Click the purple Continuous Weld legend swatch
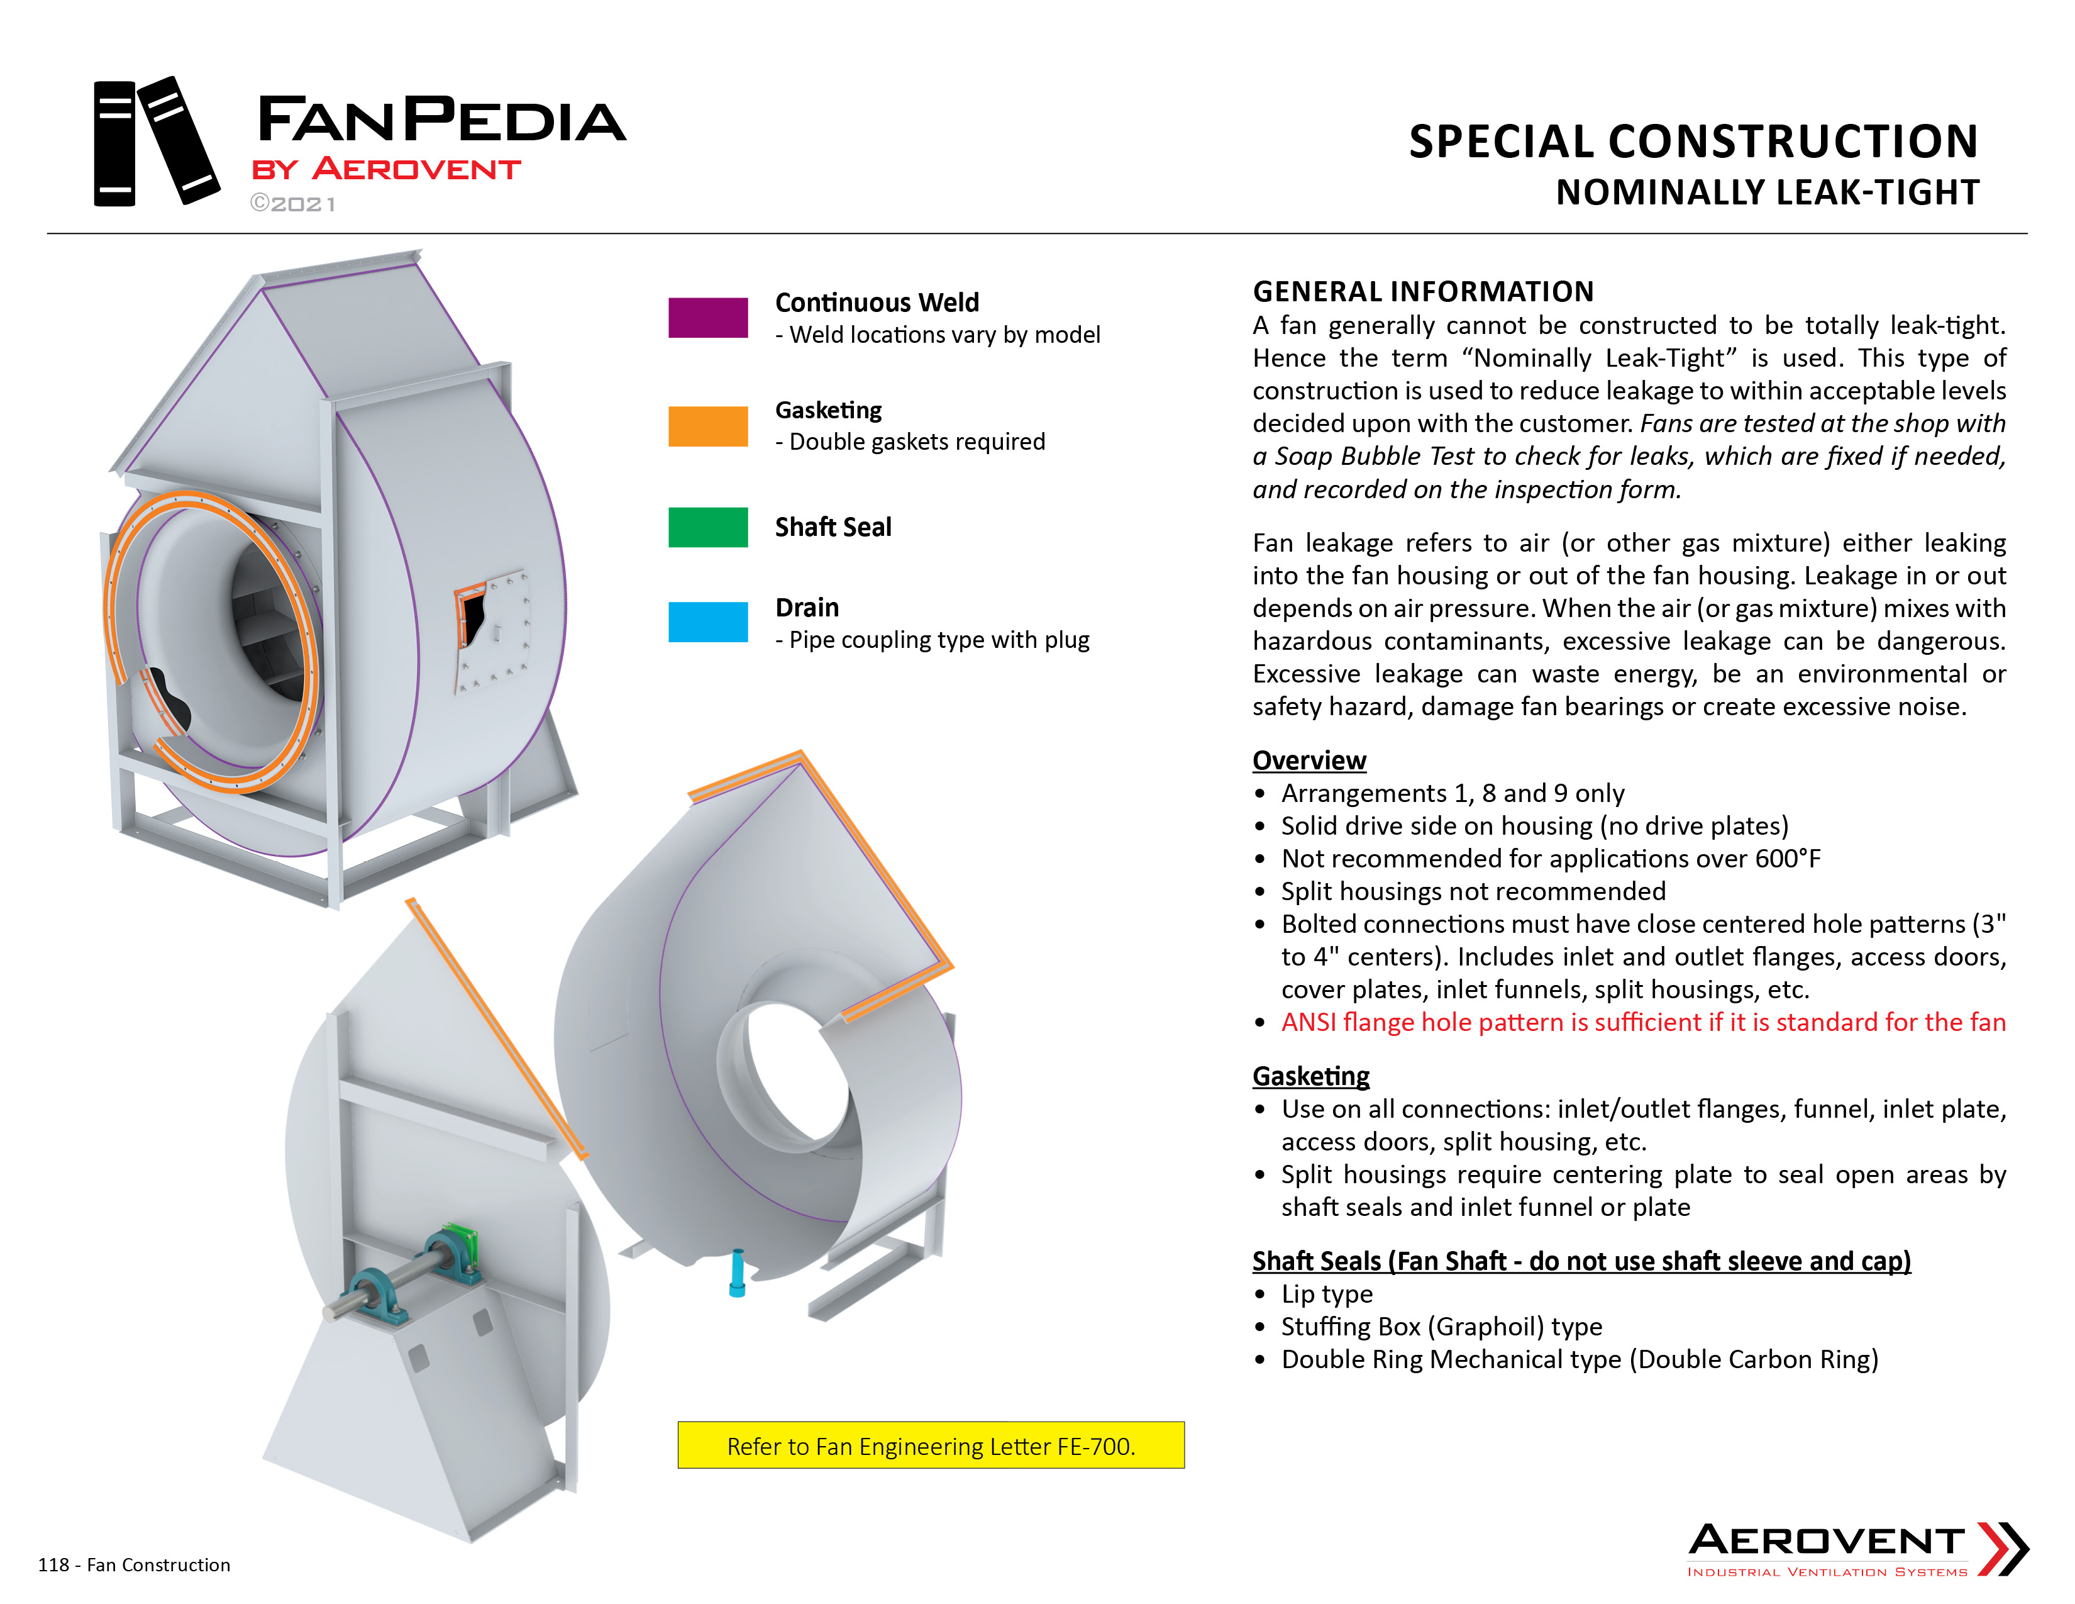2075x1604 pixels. (x=708, y=318)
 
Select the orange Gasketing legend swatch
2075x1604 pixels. (x=708, y=426)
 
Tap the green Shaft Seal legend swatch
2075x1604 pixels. (x=708, y=527)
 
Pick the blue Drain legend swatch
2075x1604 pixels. (x=708, y=622)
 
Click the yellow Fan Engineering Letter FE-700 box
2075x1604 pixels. (x=931, y=1445)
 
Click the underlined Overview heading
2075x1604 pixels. (x=1309, y=760)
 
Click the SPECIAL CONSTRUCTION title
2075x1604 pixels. (x=1694, y=141)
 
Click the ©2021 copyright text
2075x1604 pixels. (x=292, y=204)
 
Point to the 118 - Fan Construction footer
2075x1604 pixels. (x=134, y=1565)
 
